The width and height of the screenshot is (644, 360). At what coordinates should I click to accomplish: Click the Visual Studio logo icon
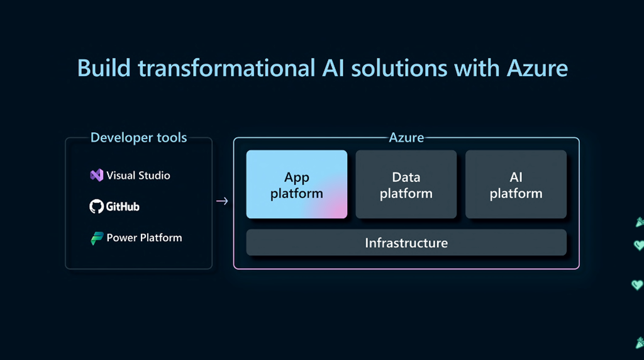point(96,175)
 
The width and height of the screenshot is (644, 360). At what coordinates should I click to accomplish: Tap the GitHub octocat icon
point(96,206)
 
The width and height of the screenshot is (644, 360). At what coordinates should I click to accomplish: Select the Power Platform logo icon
point(96,238)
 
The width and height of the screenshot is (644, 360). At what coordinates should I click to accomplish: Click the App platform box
point(296,184)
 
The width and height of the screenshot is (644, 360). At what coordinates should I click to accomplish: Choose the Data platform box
point(406,184)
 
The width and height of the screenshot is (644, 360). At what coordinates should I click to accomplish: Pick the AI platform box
point(516,184)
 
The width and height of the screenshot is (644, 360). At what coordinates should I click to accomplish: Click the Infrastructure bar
point(406,242)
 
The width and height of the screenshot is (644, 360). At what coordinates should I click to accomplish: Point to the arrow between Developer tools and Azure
point(222,201)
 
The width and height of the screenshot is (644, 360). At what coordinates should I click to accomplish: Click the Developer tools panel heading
point(138,137)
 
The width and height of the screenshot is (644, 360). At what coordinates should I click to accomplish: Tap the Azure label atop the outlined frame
point(406,137)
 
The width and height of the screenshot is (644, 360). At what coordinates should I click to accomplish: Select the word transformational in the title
point(225,67)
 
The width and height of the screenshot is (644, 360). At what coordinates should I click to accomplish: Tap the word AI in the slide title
point(331,67)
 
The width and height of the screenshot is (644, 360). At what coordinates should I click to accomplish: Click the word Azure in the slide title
point(536,67)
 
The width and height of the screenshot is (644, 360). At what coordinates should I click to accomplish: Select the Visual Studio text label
point(138,175)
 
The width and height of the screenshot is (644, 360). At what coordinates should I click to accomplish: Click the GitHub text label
point(123,206)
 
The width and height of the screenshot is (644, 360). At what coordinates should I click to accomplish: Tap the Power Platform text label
point(144,238)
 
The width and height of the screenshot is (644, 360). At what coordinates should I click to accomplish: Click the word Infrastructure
point(406,242)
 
